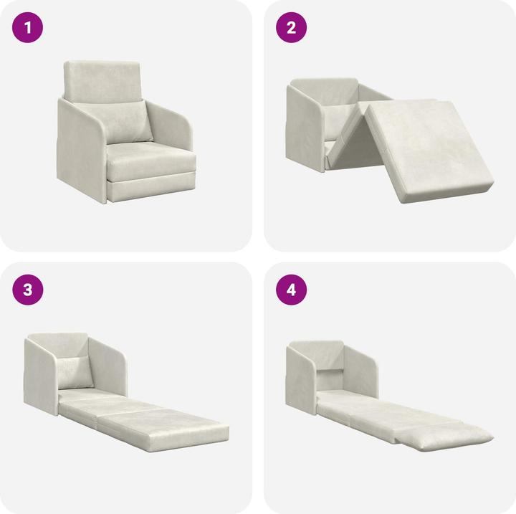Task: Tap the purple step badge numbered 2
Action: pyautogui.click(x=292, y=28)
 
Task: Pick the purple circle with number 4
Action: pyautogui.click(x=292, y=290)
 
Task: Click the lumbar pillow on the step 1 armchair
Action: pyautogui.click(x=129, y=121)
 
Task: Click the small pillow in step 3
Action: pyautogui.click(x=76, y=371)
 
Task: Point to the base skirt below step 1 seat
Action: pyautogui.click(x=150, y=188)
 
